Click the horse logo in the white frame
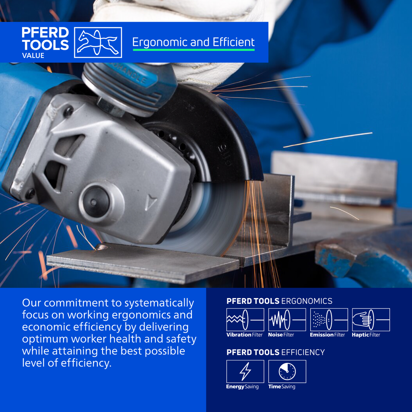[98, 42]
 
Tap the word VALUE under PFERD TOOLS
[33, 56]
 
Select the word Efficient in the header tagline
[234, 42]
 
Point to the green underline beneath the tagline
[194, 49]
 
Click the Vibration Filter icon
[245, 319]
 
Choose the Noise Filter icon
[287, 319]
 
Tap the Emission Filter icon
[329, 319]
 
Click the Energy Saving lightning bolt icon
[245, 371]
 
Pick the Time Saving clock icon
[287, 371]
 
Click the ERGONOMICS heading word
[307, 301]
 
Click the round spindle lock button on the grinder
[94, 202]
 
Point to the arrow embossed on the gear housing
[151, 202]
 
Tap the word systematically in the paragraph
[159, 303]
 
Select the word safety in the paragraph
[181, 339]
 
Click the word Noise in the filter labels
[274, 335]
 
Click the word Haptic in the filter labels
[360, 335]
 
